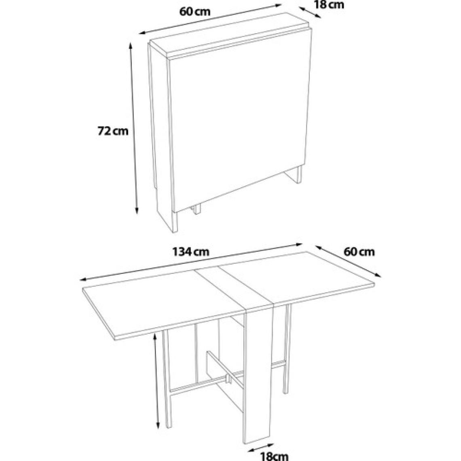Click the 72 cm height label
pyautogui.click(x=113, y=131)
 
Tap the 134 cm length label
pyautogui.click(x=190, y=252)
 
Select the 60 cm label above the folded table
pyautogui.click(x=195, y=12)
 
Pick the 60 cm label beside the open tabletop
pyautogui.click(x=359, y=252)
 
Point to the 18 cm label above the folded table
pyautogui.click(x=329, y=5)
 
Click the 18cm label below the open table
pyautogui.click(x=274, y=456)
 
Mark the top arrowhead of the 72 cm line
pyautogui.click(x=131, y=46)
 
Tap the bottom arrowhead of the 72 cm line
pyautogui.click(x=136, y=211)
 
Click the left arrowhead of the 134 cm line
pyautogui.click(x=84, y=279)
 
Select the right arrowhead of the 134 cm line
pyautogui.click(x=299, y=244)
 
